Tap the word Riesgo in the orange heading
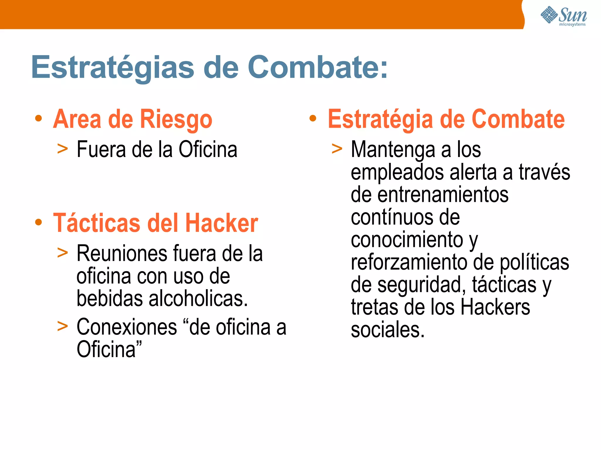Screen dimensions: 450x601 pos(176,120)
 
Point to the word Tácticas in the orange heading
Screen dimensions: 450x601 pos(97,223)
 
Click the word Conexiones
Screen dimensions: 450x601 pos(126,327)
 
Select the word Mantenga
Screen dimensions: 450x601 pos(393,150)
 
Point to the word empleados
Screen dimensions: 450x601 pos(397,172)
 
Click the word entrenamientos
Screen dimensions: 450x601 pos(443,195)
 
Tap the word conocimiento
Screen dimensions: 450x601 pos(407,240)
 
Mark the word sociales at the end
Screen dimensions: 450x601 pos(388,330)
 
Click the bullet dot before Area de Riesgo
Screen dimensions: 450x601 pos(38,119)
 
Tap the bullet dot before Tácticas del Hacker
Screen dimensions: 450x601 pos(38,222)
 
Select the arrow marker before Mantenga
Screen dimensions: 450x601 pos(337,149)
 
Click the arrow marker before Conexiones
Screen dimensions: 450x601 pos(63,326)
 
